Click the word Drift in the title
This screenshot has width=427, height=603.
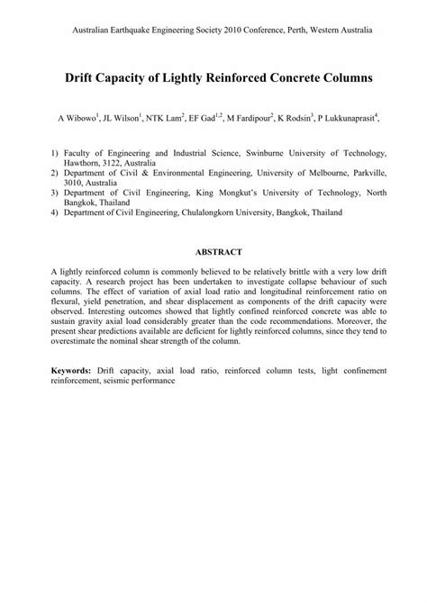pos(83,78)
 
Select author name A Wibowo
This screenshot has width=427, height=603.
pos(81,118)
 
